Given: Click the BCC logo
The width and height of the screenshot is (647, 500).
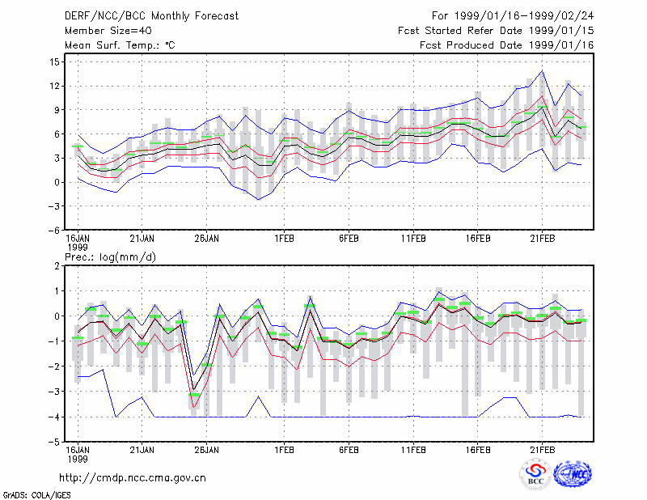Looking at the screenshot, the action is [x=535, y=475].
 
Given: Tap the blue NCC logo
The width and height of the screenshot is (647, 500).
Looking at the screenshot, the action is [x=573, y=474].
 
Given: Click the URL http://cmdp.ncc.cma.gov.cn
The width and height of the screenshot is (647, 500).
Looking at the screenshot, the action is [x=133, y=478].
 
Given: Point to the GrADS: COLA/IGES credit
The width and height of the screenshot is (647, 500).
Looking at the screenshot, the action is [x=36, y=495].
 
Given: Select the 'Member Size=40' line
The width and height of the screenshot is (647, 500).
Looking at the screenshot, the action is [x=108, y=31].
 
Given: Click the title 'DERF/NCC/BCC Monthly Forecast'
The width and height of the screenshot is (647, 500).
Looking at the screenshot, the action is [x=151, y=16].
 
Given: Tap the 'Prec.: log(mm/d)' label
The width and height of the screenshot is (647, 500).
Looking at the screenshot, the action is [x=110, y=257].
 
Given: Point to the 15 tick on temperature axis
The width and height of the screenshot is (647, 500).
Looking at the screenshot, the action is [x=54, y=62].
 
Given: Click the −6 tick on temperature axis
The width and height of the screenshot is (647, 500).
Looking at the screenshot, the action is [x=53, y=231].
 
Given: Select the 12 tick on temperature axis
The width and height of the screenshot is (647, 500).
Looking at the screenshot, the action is [x=54, y=86].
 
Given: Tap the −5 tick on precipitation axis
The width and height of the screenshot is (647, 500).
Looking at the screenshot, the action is [x=53, y=442].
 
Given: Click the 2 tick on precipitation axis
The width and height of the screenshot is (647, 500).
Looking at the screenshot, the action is [x=57, y=266].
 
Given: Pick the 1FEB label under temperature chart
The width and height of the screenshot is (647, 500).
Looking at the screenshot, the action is [x=284, y=239].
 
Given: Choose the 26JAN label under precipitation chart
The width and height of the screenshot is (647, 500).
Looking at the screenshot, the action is [x=206, y=450].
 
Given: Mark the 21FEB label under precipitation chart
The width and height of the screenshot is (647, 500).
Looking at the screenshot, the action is [x=542, y=450].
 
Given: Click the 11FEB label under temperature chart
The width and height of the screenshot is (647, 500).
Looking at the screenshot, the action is [x=413, y=239].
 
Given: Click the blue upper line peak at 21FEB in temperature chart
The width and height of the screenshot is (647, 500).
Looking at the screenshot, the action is [x=542, y=71].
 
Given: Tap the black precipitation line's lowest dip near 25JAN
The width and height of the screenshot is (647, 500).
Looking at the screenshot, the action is [x=193, y=389].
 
